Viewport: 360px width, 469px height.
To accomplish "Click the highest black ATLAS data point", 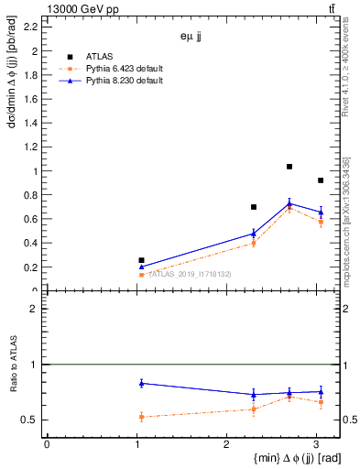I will point(289,167).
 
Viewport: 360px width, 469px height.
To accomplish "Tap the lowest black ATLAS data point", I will point(141,260).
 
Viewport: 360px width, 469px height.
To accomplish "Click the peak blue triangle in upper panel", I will point(289,203).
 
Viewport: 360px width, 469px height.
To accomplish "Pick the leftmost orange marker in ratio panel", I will point(141,417).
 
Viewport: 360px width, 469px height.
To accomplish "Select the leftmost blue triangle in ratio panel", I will point(141,383).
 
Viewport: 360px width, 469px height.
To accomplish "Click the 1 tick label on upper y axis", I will point(36,171).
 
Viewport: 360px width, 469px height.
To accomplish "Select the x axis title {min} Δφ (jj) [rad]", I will point(285,459).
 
